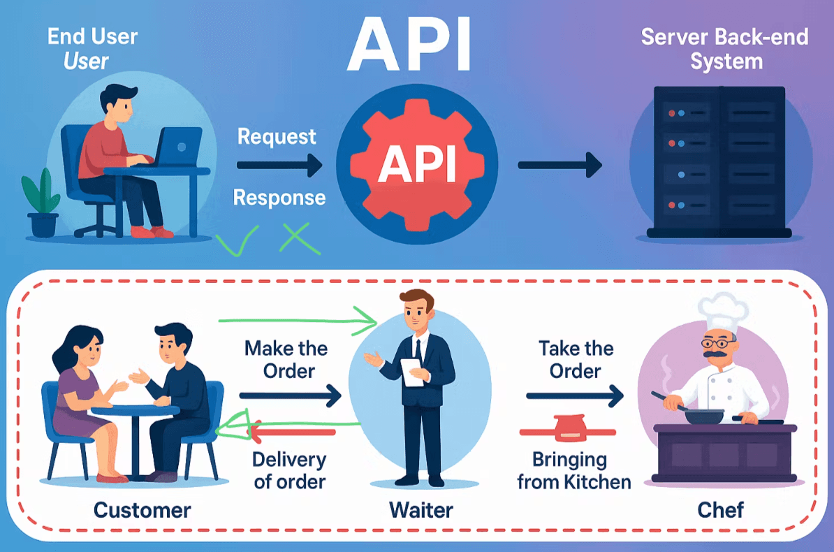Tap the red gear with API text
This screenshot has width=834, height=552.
(x=417, y=165)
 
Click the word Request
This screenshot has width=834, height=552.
(x=277, y=136)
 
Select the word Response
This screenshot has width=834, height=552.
(x=279, y=198)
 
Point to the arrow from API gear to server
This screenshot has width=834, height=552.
(x=559, y=166)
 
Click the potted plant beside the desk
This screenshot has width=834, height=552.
(x=41, y=203)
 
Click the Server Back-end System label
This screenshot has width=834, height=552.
(x=724, y=49)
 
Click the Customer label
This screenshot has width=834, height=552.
(x=142, y=509)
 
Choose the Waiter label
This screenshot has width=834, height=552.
(x=420, y=509)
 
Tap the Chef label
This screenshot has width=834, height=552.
(x=721, y=509)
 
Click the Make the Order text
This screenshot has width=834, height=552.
(x=286, y=359)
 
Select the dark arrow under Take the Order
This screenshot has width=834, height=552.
(x=574, y=396)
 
